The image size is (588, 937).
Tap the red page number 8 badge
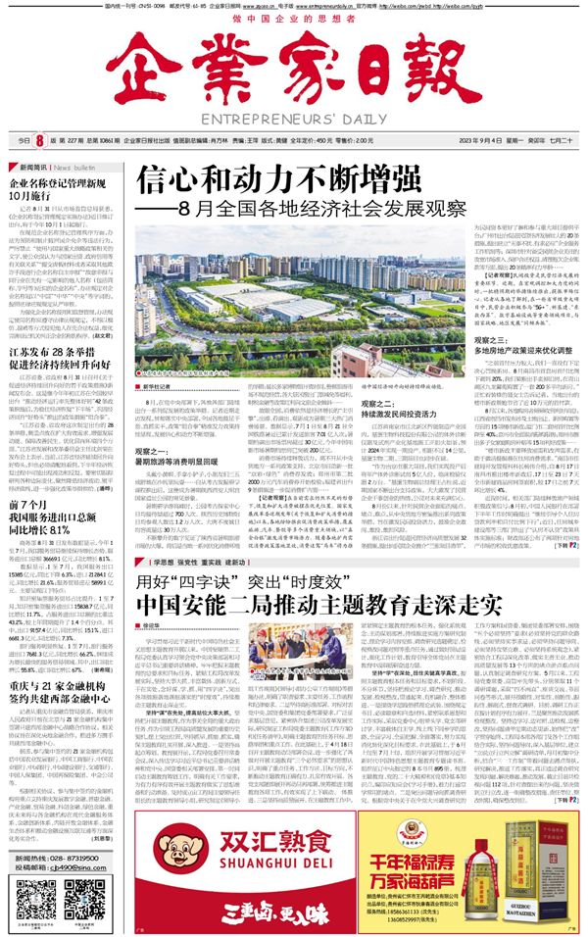point(40,140)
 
